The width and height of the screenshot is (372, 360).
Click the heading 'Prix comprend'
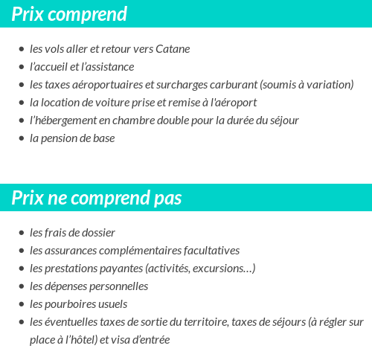[69, 14]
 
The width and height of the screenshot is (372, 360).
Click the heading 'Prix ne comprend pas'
[97, 199]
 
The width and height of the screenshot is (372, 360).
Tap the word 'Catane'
[173, 49]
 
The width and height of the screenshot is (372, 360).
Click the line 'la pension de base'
[72, 138]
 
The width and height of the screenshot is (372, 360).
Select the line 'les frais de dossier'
[72, 233]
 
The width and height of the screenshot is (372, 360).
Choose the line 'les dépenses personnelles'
[89, 286]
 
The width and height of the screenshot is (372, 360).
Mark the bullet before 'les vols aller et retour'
[21, 50]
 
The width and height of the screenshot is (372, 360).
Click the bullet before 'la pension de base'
[21, 139]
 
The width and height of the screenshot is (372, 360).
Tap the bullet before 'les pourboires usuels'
[21, 305]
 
